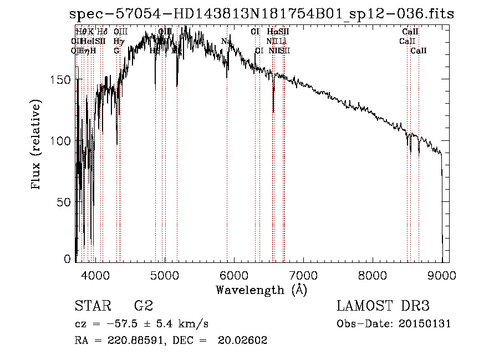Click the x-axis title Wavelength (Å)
pyautogui.click(x=261, y=290)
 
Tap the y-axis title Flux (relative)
pyautogui.click(x=37, y=145)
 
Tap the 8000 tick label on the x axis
pyautogui.click(x=373, y=274)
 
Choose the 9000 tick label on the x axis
pyautogui.click(x=442, y=274)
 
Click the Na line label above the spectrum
pyautogui.click(x=226, y=41)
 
